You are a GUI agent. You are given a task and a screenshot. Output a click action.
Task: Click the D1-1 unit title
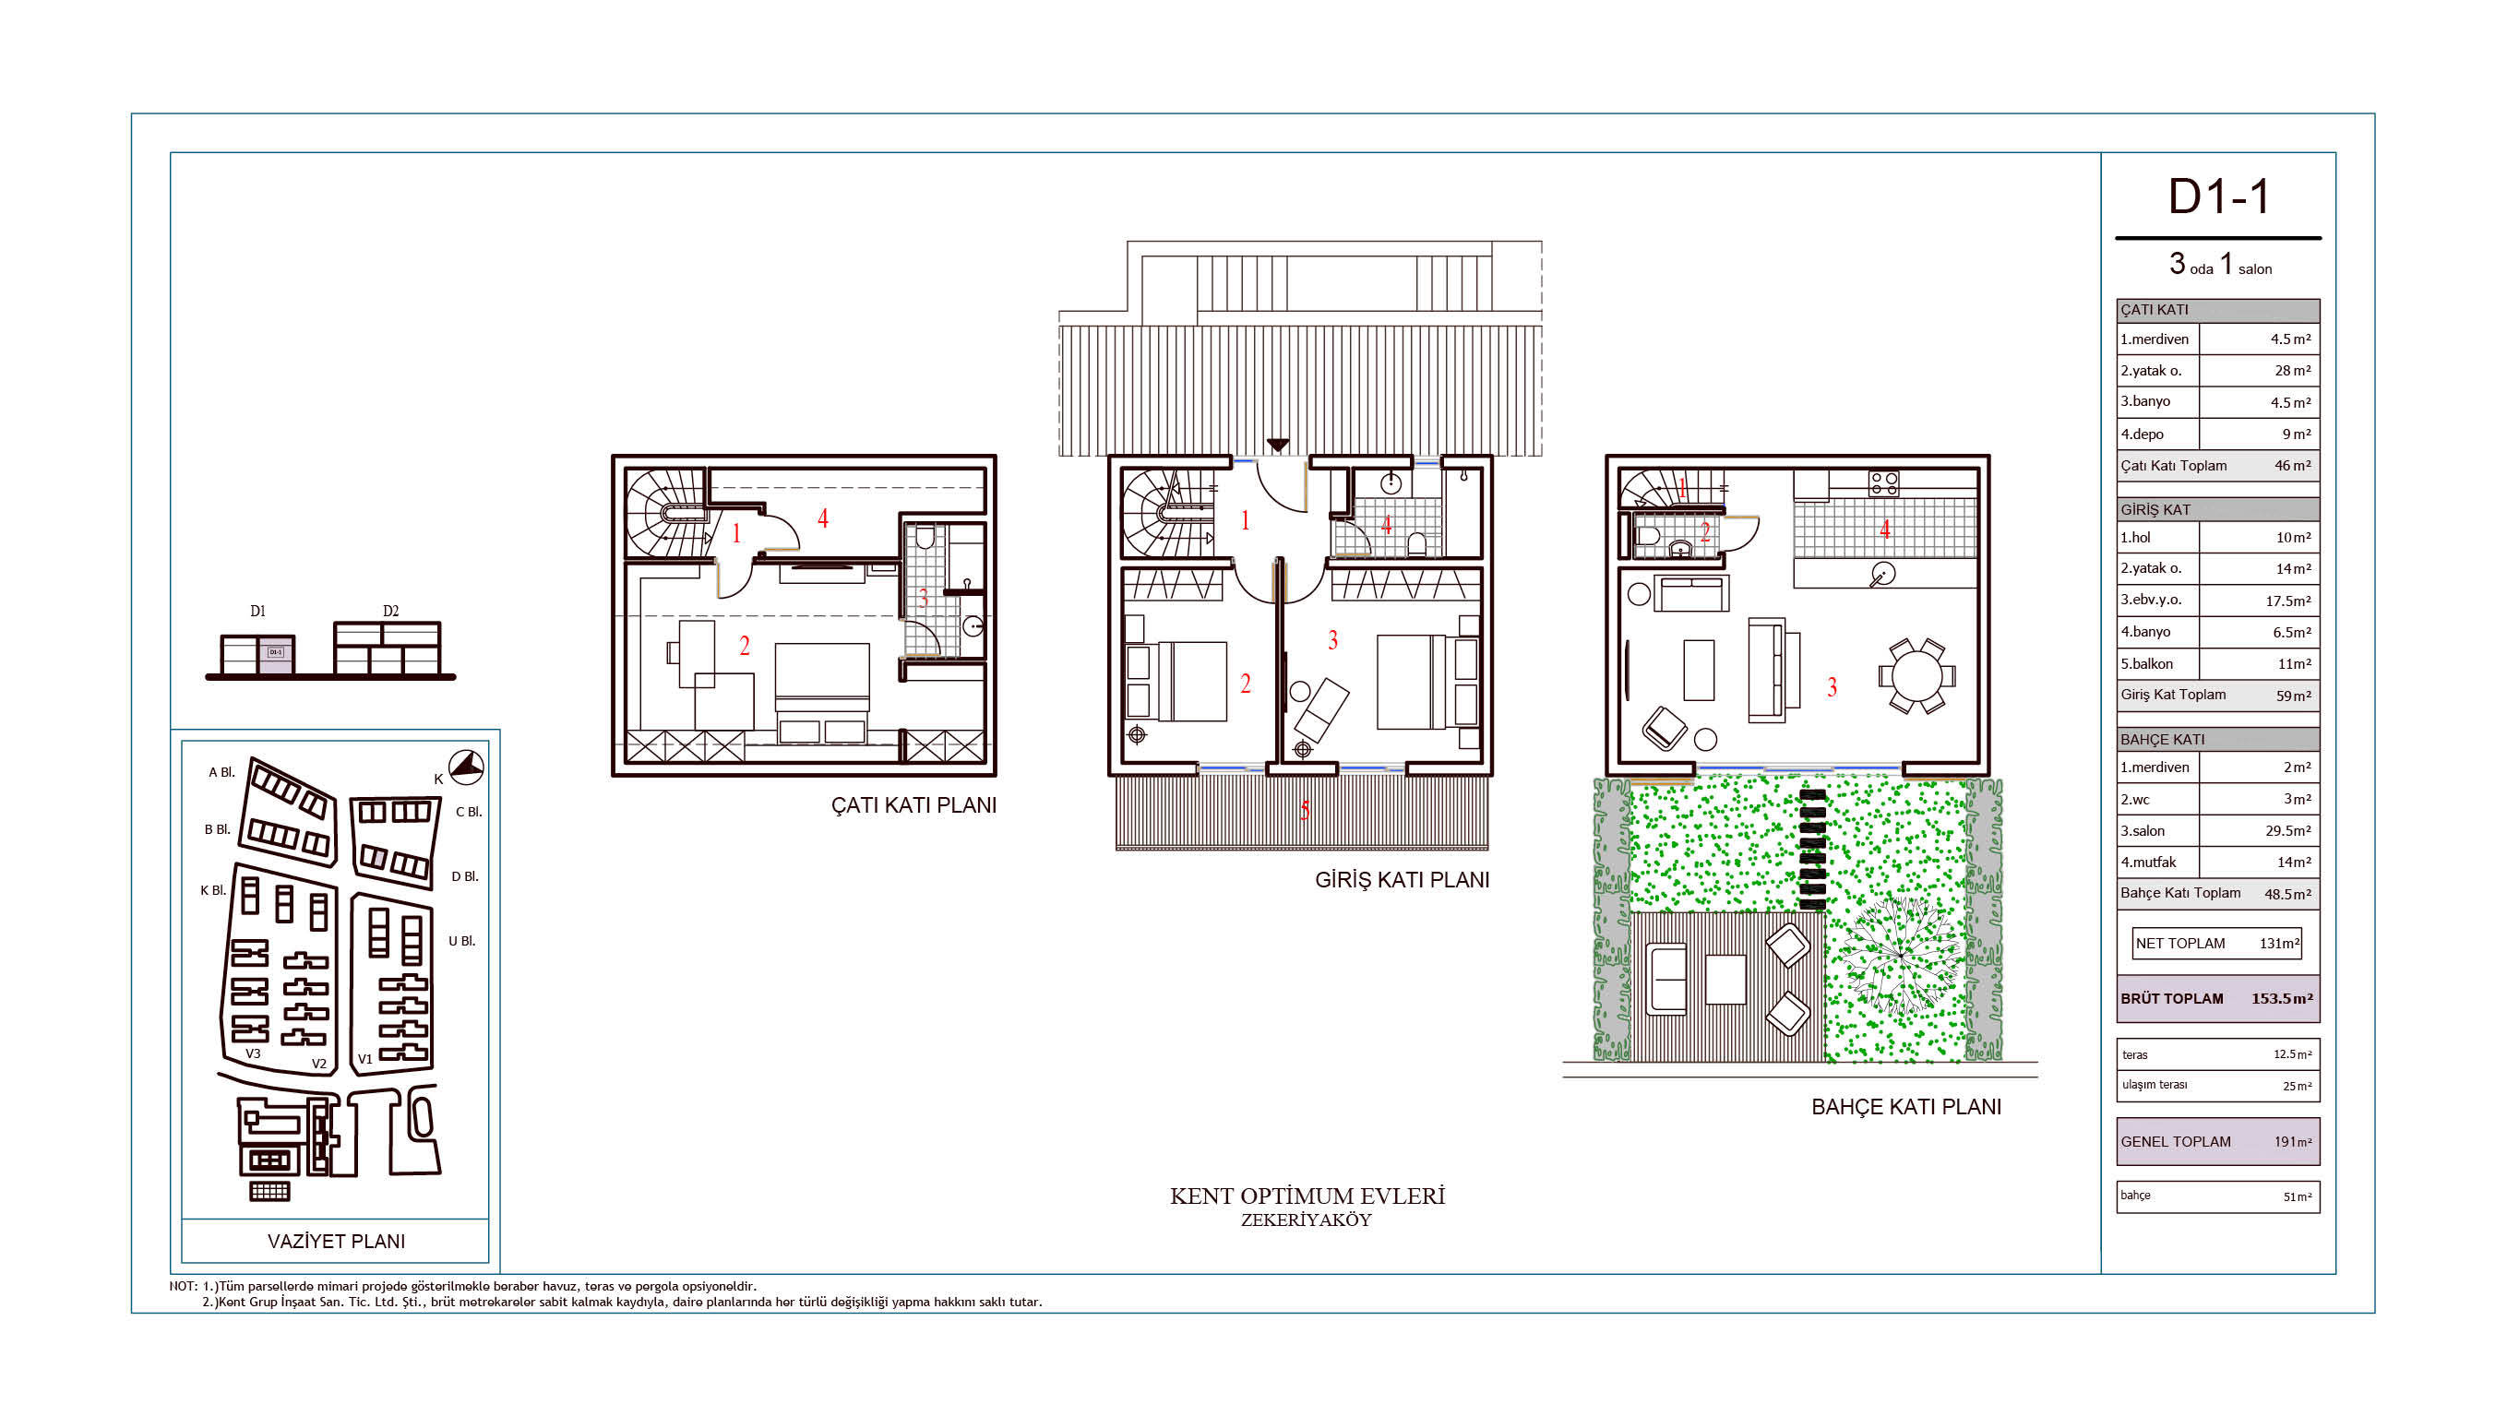[2219, 196]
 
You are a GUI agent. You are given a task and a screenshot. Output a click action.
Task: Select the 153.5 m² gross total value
[2281, 998]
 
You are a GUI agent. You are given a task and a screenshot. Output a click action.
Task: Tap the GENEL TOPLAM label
[2175, 1141]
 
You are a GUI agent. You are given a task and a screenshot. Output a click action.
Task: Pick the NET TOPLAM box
[2216, 943]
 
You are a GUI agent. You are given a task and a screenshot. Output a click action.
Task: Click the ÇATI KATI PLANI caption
[913, 806]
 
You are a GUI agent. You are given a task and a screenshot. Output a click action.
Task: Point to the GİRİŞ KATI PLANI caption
[1402, 880]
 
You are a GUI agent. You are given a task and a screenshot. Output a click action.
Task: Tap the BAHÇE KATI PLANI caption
[1905, 1107]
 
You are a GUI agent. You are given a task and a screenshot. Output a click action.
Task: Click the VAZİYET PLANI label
[336, 1241]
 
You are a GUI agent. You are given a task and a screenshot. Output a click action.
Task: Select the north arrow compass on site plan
[466, 767]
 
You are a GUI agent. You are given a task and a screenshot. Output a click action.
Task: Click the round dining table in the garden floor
[1916, 676]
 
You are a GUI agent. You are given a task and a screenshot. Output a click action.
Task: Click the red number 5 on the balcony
[1304, 810]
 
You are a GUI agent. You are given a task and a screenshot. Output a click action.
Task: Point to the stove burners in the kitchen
[1883, 483]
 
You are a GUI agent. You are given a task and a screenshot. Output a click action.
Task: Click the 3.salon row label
[2143, 831]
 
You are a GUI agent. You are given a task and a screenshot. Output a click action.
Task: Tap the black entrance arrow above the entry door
[1278, 446]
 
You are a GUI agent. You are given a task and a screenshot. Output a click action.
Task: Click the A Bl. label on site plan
[221, 773]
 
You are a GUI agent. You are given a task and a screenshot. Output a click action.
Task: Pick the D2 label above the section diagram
[390, 612]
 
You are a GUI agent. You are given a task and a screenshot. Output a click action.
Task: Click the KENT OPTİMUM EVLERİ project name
[1307, 1196]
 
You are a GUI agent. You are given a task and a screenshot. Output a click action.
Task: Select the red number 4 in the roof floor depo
[822, 518]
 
